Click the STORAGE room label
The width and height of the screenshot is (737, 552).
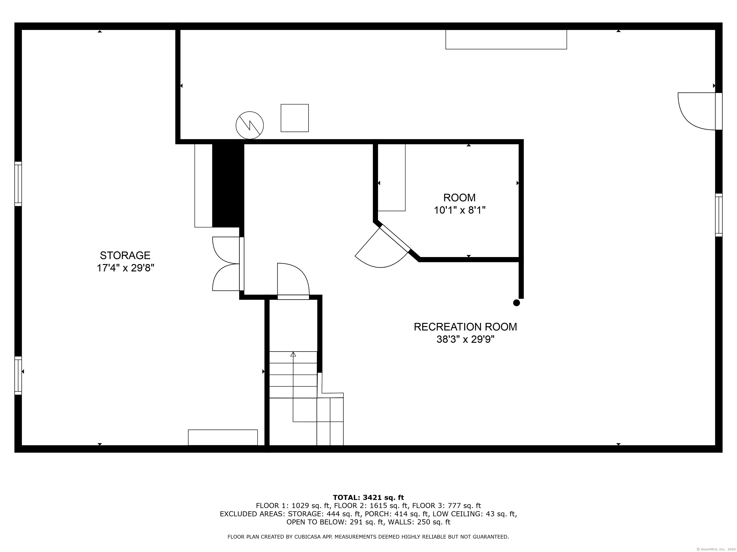[x=125, y=255]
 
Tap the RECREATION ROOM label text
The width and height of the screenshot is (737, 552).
[x=465, y=327]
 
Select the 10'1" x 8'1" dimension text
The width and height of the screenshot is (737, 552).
[x=459, y=210]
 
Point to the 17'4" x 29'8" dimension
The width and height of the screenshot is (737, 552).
[x=125, y=268]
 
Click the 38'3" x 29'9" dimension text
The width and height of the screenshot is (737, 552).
[x=465, y=339]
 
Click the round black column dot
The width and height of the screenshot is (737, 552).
[x=517, y=303]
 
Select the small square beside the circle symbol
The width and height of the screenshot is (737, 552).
[x=295, y=118]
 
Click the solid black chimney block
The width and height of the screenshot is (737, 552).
[x=228, y=185]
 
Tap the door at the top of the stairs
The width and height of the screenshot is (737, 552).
[x=293, y=281]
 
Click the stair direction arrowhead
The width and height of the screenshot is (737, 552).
[x=293, y=354]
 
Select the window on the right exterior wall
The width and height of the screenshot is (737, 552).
[x=719, y=215]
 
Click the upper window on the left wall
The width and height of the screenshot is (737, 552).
[x=18, y=184]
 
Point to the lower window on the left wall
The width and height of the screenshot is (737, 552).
[x=18, y=376]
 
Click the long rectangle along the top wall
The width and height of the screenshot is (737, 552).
[x=506, y=40]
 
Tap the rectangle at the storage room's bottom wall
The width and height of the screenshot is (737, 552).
[x=223, y=437]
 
